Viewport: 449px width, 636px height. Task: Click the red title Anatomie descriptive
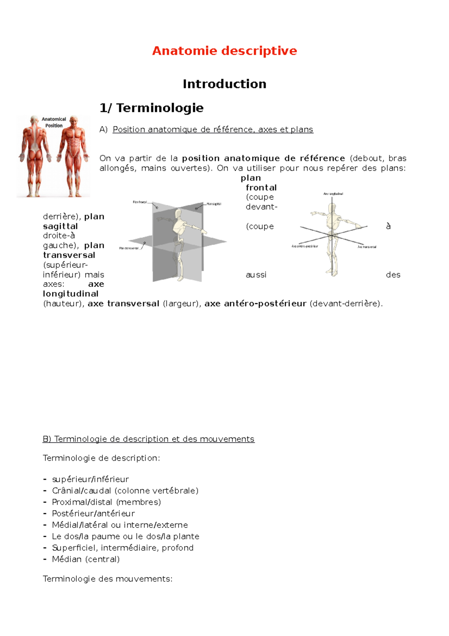(224, 51)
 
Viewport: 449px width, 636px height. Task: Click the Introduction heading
(224, 84)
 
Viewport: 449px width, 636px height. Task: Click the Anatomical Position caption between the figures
(54, 122)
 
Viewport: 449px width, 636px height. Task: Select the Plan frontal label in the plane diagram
(140, 202)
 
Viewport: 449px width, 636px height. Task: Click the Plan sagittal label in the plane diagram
(214, 204)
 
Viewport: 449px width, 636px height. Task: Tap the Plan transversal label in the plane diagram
(129, 248)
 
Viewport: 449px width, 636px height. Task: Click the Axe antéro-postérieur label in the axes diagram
(305, 246)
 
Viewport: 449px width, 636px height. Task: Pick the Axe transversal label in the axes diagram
(367, 247)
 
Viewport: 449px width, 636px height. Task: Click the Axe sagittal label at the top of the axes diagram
(333, 194)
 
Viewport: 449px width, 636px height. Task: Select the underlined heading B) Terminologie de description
(149, 439)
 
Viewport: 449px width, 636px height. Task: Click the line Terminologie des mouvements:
(107, 579)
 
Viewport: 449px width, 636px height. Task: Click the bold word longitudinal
(71, 294)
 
